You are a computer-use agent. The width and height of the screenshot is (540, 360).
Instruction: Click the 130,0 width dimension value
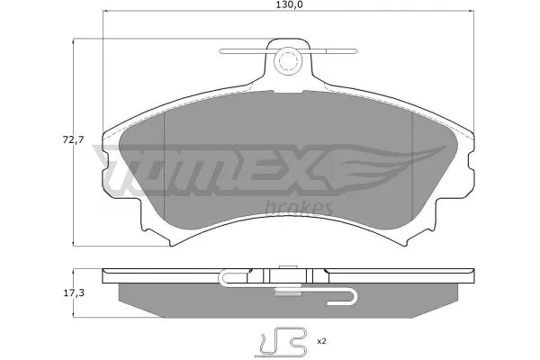point(289,6)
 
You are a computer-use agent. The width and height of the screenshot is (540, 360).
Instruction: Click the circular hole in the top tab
point(289,62)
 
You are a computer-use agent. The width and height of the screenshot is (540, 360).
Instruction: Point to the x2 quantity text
point(319,342)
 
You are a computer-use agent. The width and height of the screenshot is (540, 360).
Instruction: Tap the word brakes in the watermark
point(300,208)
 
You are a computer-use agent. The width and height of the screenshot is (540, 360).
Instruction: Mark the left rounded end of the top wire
point(225,49)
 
